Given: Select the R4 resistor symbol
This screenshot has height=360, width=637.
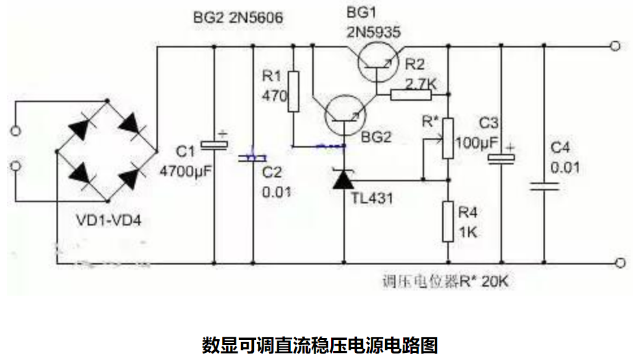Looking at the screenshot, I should [447, 221].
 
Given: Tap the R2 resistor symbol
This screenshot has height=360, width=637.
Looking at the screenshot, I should [411, 96].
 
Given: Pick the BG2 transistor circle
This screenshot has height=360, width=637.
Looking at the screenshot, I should [344, 118].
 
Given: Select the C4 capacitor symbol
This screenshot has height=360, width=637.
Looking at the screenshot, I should [543, 186].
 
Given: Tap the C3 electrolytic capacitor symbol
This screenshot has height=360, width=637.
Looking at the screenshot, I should [500, 157].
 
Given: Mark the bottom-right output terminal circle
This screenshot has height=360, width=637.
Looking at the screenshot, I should [620, 263].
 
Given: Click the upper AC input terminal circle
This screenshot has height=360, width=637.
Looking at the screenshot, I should [16, 131].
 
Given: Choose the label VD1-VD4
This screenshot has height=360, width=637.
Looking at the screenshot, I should [106, 221].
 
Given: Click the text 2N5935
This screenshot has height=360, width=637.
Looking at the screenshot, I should [373, 31].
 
